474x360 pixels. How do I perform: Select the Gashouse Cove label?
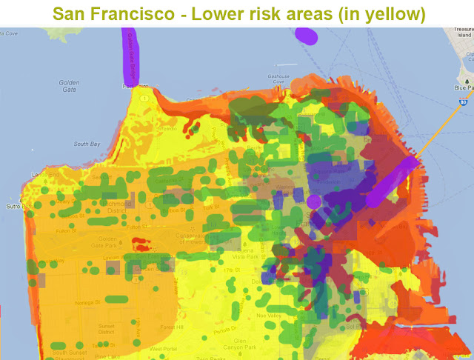278,76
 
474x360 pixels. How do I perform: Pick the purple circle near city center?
313,201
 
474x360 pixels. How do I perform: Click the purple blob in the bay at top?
306,34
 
